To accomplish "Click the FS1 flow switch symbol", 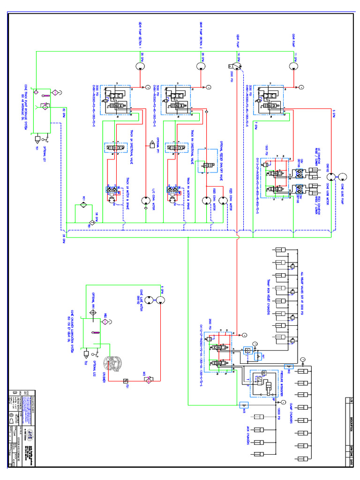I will point(125,381).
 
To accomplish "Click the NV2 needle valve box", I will point(288,367).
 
